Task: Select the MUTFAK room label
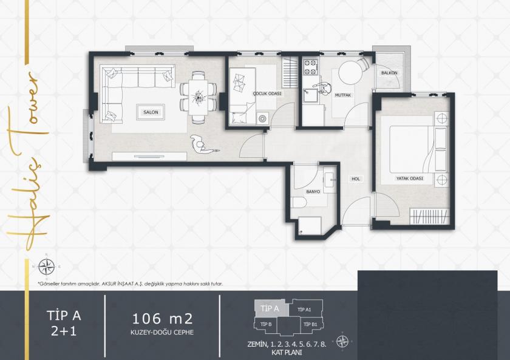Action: pos(342,95)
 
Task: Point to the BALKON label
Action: pos(389,73)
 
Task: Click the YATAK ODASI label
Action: pos(410,178)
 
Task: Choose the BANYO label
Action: pos(313,192)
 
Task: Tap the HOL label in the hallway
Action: pos(356,179)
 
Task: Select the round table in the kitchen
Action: pos(350,74)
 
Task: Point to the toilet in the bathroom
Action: pos(299,203)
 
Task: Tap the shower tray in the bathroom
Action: pos(311,225)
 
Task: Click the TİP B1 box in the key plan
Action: pos(311,325)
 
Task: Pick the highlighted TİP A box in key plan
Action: pos(269,308)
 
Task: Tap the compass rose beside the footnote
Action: pos(46,265)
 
